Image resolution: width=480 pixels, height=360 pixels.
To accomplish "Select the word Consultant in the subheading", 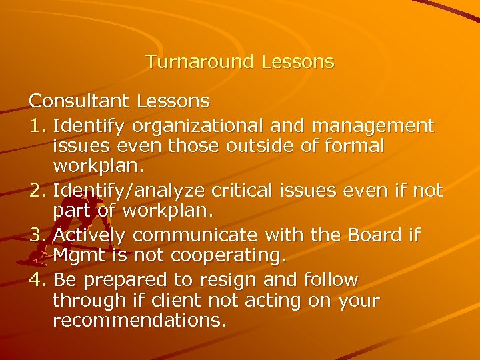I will pos(79,101).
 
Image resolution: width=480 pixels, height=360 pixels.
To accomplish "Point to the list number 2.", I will pos(37,191).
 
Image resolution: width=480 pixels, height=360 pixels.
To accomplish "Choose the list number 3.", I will pos(37,235).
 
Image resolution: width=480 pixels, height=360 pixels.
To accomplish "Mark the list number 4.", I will pos(37,279).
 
